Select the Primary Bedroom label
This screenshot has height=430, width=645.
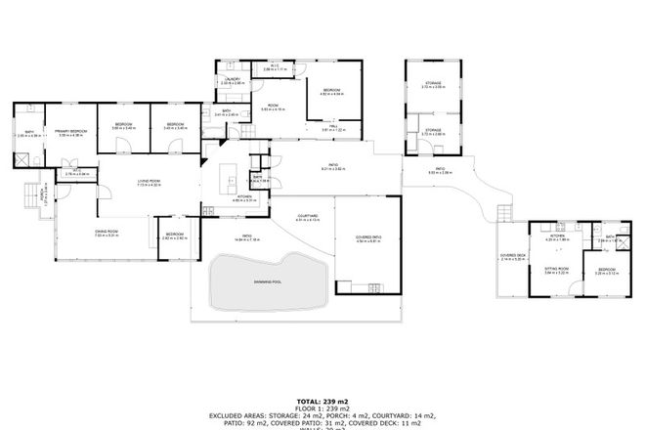click(71, 130)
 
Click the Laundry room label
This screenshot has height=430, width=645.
click(233, 80)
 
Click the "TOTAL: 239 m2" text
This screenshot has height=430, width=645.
click(322, 401)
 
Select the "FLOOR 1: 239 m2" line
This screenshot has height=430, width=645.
click(322, 408)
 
